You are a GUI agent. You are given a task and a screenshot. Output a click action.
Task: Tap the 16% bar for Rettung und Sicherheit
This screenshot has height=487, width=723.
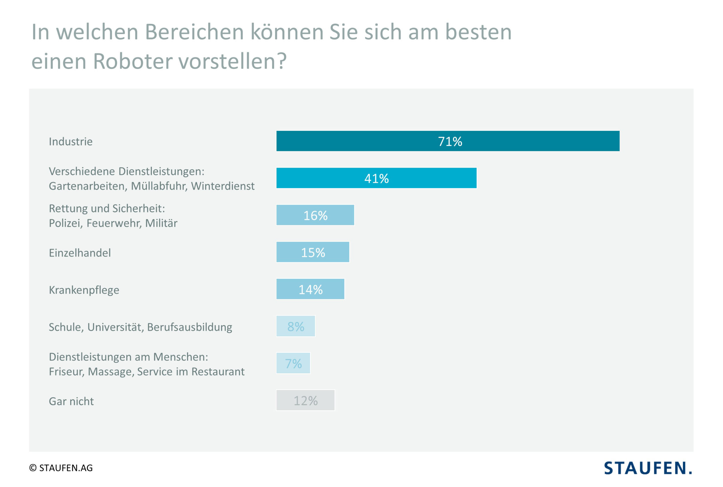click(x=315, y=215)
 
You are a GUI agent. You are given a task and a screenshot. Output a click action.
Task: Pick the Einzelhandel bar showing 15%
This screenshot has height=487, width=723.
click(x=312, y=252)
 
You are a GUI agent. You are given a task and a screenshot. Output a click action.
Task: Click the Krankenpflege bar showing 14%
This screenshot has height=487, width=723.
click(x=310, y=289)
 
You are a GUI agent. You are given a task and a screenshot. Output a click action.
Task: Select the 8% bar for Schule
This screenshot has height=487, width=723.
click(x=295, y=326)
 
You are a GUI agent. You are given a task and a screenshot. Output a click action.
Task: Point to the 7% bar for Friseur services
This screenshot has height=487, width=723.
click(x=293, y=363)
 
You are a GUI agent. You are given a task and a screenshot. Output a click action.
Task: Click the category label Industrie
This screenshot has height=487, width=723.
click(x=71, y=142)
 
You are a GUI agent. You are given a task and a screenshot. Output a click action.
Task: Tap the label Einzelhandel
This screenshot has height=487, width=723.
click(x=80, y=253)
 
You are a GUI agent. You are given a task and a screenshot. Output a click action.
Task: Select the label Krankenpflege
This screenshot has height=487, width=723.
click(x=84, y=290)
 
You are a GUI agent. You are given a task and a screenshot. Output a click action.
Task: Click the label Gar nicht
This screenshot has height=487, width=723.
click(x=71, y=401)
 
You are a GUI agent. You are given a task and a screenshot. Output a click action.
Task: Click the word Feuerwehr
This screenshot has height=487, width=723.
click(x=113, y=223)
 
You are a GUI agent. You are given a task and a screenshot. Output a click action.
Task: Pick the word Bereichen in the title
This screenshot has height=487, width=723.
click(x=194, y=32)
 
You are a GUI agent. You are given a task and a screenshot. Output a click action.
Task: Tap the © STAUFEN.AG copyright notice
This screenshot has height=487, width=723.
click(x=61, y=468)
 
